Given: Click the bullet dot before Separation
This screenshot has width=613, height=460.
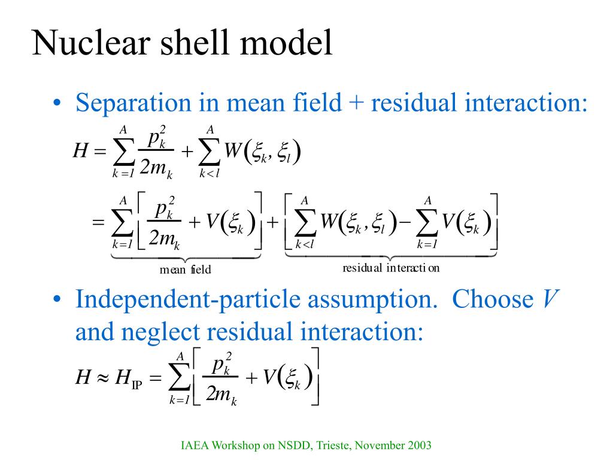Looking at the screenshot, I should [57, 104].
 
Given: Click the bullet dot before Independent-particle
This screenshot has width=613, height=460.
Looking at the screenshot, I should [57, 299].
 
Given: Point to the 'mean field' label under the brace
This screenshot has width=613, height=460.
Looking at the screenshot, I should [185, 270].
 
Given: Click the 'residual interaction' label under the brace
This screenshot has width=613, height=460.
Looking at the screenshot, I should [391, 268].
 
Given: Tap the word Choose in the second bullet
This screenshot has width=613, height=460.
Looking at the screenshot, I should [484, 299].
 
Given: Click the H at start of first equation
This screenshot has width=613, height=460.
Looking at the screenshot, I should [80, 151].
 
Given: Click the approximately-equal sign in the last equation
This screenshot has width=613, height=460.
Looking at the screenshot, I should [101, 378].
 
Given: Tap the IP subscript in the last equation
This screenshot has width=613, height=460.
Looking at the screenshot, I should [136, 383].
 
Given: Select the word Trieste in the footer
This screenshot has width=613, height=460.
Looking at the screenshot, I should [336, 446].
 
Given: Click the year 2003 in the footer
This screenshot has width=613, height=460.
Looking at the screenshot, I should [420, 446].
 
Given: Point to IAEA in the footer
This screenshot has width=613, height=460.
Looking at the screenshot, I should [192, 446].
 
